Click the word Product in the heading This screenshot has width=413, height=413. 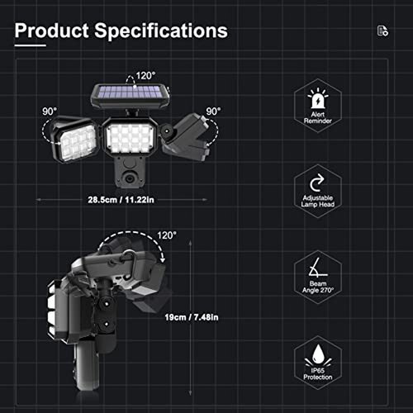52,31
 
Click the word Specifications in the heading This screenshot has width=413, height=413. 161,31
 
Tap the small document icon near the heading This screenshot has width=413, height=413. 382,31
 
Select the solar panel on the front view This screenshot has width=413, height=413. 131,96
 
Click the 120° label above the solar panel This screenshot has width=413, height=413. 145,75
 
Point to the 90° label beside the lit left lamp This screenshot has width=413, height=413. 50,112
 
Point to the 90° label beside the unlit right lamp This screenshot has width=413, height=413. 213,112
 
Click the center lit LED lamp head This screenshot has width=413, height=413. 130,137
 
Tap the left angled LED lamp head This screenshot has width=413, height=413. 76,140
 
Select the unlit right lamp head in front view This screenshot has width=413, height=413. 187,137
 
